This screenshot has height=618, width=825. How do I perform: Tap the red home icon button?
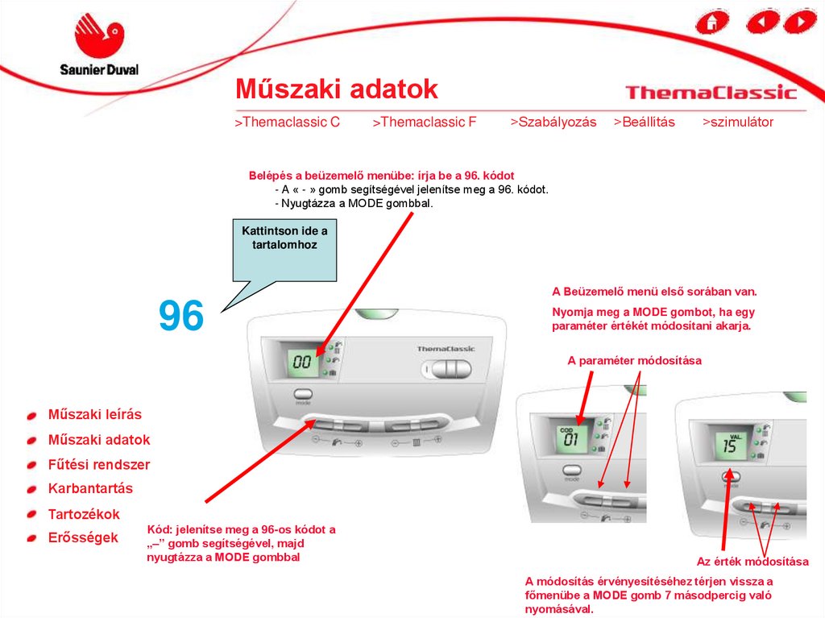(712, 22)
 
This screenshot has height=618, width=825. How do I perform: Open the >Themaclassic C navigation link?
(288, 122)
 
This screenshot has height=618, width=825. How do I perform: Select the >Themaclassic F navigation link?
(424, 122)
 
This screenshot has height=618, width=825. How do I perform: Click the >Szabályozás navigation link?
(553, 122)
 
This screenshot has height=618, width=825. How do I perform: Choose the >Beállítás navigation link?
(644, 122)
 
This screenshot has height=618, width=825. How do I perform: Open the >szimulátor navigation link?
(738, 122)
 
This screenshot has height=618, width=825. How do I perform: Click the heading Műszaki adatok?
(336, 89)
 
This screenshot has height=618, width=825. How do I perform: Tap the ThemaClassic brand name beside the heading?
(711, 93)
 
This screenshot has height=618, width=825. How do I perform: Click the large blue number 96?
(181, 315)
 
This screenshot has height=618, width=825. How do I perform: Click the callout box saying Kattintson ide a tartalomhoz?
(284, 251)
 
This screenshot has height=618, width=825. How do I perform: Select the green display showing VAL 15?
(731, 444)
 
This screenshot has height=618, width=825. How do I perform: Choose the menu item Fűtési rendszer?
(99, 464)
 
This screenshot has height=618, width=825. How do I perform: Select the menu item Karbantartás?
(90, 488)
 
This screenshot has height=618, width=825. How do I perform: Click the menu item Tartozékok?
(84, 514)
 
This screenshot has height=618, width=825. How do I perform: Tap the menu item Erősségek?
(83, 537)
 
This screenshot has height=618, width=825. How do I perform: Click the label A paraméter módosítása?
(634, 361)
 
